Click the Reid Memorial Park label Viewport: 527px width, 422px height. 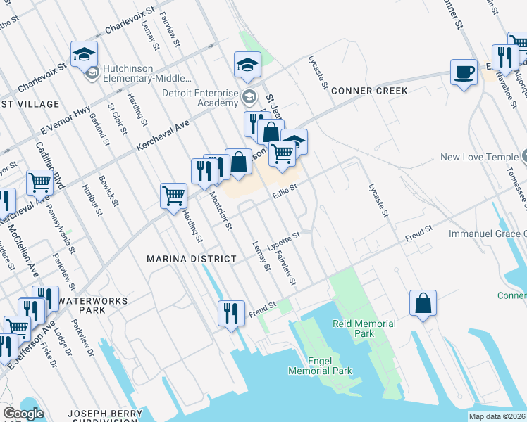(x=364, y=328)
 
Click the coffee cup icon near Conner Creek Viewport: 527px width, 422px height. (x=464, y=72)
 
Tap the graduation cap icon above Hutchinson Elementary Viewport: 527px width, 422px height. (x=84, y=53)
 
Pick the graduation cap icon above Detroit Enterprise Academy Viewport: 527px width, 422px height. (x=248, y=65)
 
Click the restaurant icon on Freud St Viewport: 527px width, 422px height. (x=231, y=312)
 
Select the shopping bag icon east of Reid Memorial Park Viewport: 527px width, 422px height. (x=423, y=303)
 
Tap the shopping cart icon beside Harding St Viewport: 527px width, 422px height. (x=173, y=196)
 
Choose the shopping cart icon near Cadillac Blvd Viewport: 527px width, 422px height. (x=39, y=182)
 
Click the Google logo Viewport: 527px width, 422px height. (x=23, y=414)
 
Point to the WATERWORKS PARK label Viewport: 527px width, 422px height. (x=94, y=305)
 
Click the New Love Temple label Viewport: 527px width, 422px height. (x=478, y=157)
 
